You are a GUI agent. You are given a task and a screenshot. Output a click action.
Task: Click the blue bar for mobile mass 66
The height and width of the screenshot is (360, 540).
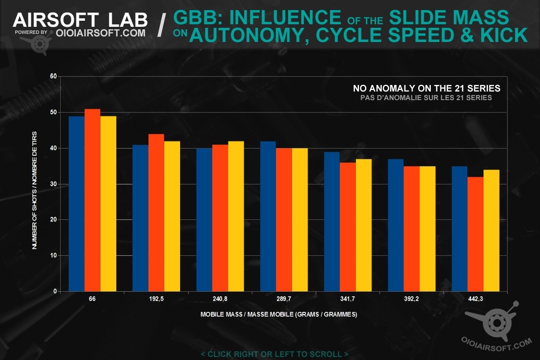click(x=76, y=204)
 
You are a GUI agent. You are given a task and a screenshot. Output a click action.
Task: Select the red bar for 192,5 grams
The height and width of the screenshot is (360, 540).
click(x=156, y=212)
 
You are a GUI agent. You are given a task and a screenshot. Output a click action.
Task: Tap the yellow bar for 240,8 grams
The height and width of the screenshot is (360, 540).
click(x=236, y=216)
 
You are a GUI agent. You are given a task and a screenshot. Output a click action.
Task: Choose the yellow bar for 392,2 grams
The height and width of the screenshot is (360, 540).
click(x=427, y=229)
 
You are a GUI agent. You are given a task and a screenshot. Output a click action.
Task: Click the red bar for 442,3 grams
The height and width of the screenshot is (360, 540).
click(x=475, y=234)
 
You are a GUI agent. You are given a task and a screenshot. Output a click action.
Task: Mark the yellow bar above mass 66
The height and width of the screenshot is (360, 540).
click(x=108, y=204)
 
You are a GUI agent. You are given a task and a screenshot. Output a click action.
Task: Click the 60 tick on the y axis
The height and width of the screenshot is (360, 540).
click(x=53, y=76)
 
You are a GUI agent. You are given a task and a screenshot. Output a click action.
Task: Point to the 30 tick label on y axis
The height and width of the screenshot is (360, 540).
click(x=53, y=184)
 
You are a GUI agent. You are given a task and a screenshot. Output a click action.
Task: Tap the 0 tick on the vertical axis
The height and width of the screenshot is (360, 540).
click(x=54, y=292)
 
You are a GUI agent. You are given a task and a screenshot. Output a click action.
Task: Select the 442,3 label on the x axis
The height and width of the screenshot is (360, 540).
click(x=475, y=299)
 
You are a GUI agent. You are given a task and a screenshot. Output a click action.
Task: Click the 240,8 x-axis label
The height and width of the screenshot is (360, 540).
click(x=220, y=299)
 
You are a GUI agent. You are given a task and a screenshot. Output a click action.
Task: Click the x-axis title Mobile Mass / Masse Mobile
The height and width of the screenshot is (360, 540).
click(x=279, y=314)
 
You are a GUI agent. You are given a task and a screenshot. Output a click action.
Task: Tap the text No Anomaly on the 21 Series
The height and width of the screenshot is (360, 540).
click(x=427, y=88)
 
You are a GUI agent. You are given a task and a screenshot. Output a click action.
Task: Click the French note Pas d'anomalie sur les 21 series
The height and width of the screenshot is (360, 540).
click(x=422, y=98)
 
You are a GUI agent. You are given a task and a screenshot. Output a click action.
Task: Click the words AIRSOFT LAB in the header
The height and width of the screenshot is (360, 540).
click(x=80, y=20)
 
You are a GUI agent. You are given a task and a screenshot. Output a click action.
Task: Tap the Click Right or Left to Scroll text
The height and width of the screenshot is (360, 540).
click(x=275, y=354)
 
